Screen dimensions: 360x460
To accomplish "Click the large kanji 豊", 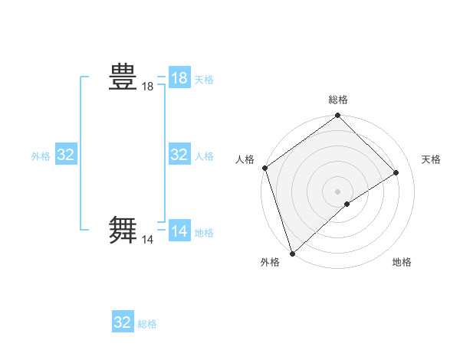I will (x=123, y=78).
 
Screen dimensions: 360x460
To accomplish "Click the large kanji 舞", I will (x=123, y=230).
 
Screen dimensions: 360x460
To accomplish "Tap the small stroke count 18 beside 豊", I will (x=147, y=87).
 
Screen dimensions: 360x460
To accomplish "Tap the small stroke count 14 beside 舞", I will (x=147, y=240).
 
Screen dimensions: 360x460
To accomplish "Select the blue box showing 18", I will (x=179, y=78).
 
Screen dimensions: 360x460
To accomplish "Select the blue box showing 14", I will (x=179, y=231).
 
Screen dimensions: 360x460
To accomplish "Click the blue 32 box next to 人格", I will (x=179, y=155).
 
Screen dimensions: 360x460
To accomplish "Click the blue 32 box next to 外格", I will (x=66, y=155).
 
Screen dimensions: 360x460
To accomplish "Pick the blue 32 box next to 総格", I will (x=123, y=322).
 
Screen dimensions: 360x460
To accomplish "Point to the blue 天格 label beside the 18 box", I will (x=204, y=80).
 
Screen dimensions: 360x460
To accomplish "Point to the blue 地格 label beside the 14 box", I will (x=204, y=233).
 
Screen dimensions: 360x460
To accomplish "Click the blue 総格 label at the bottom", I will (x=147, y=324).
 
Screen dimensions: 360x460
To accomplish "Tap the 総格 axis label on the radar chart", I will (x=338, y=100).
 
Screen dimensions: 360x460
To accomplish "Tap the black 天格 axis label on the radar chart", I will (x=432, y=159).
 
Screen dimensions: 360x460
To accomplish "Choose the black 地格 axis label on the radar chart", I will (x=402, y=262).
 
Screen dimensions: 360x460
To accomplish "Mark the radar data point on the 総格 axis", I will (x=338, y=116).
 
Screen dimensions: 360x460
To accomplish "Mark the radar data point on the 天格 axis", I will (x=396, y=172).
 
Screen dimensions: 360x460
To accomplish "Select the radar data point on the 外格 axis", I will (x=292, y=253).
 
